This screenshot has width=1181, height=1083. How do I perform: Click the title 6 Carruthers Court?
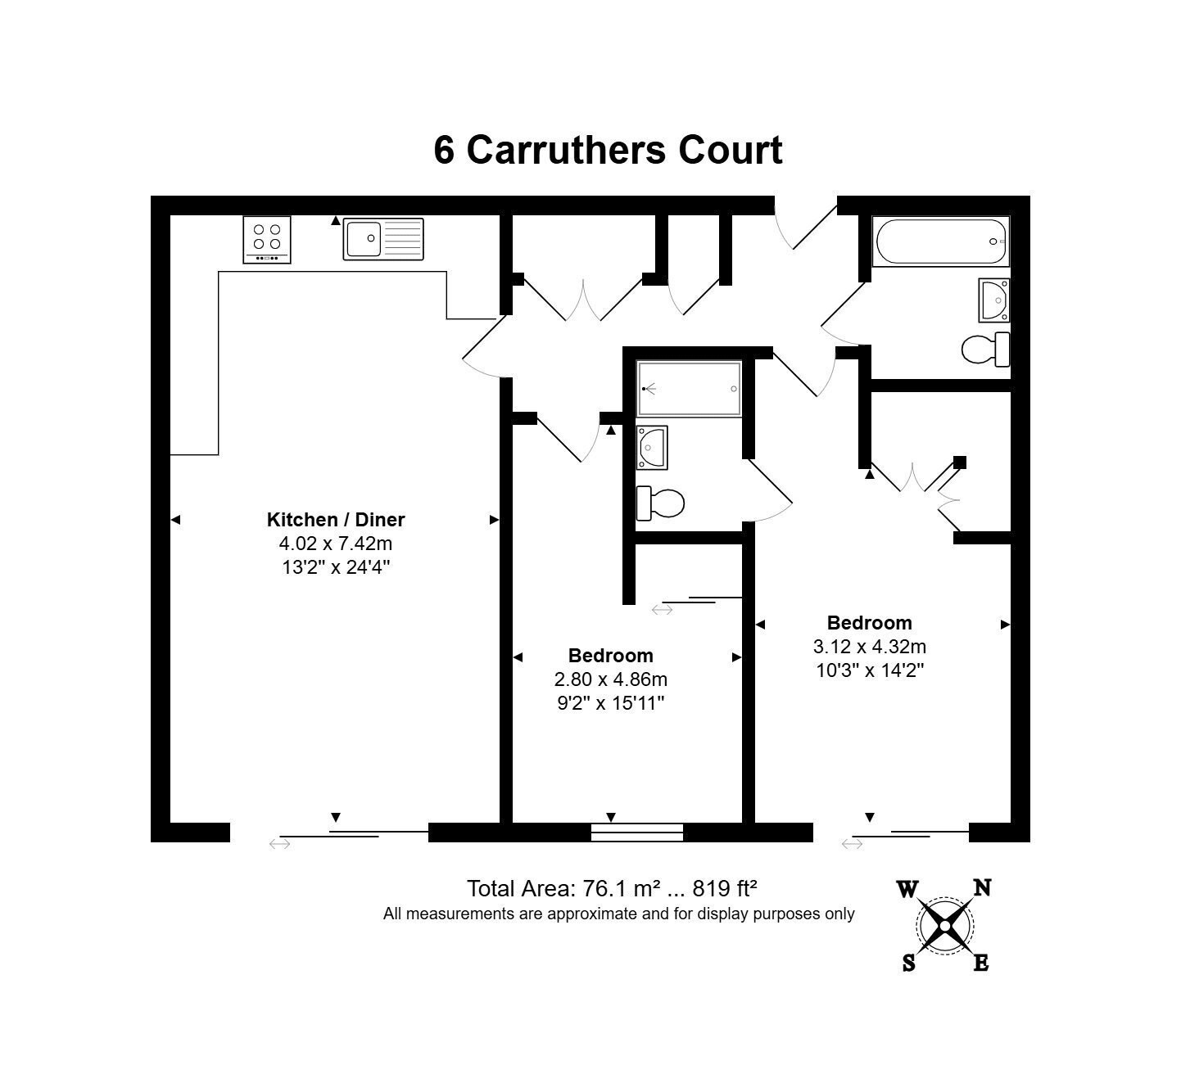(608, 150)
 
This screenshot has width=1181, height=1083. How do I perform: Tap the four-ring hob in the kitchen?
(267, 240)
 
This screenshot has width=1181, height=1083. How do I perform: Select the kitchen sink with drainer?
(383, 239)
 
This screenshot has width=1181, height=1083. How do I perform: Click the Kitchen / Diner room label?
(336, 520)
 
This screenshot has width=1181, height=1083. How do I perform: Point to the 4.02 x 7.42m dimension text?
(336, 544)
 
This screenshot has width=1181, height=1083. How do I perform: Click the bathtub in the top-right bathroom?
(941, 242)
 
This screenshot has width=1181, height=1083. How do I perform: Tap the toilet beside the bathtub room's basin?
(985, 350)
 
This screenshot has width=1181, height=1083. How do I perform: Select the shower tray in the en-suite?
(689, 389)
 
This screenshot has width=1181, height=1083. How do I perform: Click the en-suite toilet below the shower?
(660, 503)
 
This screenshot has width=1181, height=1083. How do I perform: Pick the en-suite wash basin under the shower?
(652, 447)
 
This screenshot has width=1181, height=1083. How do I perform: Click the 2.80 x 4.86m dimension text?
(610, 679)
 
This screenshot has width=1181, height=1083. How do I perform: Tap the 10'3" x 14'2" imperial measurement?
(870, 670)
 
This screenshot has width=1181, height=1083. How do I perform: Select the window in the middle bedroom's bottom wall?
(637, 833)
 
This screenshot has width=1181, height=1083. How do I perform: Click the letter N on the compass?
(982, 887)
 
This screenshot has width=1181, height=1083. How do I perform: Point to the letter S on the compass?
(909, 963)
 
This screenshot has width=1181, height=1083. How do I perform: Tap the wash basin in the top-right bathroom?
(994, 300)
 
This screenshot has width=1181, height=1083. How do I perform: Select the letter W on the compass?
(907, 889)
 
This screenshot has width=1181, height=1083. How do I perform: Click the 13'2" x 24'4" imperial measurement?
(336, 567)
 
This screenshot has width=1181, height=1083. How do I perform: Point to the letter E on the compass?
(981, 963)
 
